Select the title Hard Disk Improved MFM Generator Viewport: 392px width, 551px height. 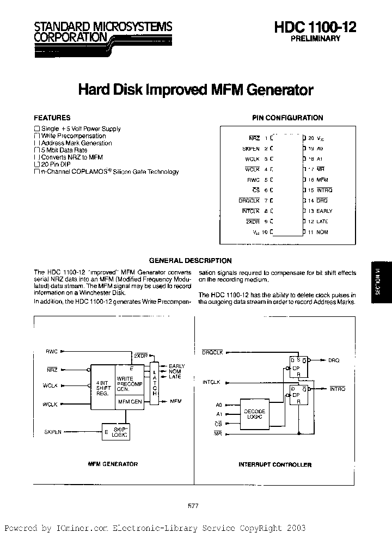coord(196,89)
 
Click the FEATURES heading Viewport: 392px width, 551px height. coord(52,118)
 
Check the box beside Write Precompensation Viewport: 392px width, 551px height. coord(36,136)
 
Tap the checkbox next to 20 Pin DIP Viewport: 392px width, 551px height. coord(36,164)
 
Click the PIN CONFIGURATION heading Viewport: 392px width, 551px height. coord(287,118)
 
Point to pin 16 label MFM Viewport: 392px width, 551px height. coord(322,180)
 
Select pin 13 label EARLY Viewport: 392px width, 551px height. coord(324,211)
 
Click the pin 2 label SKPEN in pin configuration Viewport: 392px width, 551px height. coord(251,149)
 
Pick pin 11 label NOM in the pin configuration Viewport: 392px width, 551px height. coord(322,232)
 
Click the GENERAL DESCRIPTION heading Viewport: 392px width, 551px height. coord(191,261)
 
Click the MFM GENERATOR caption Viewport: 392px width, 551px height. coord(113,464)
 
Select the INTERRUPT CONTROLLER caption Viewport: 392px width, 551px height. coord(275,464)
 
